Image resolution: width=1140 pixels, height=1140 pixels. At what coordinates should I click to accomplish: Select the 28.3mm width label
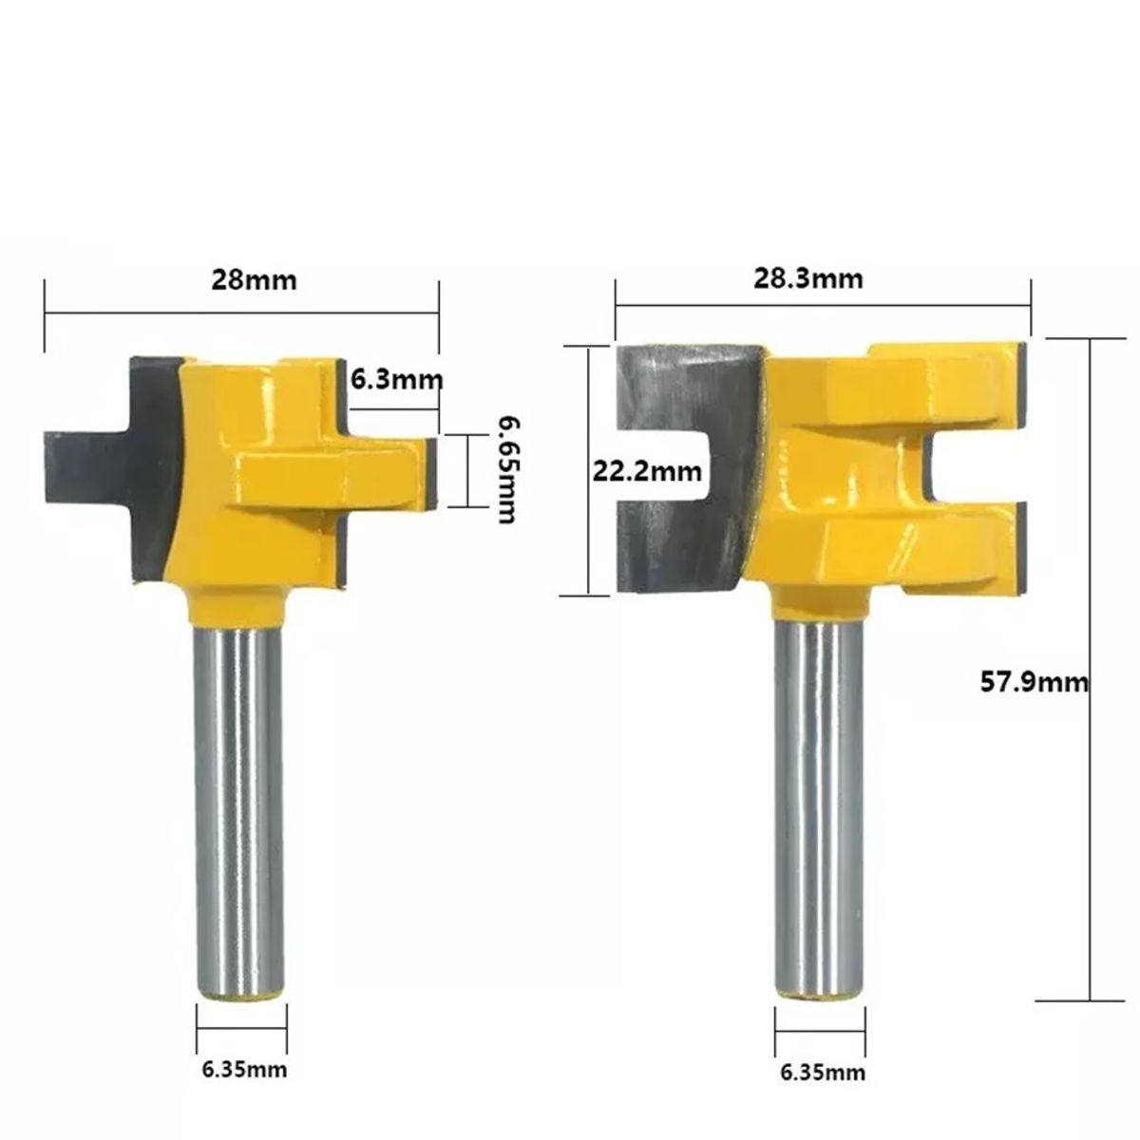pyautogui.click(x=808, y=278)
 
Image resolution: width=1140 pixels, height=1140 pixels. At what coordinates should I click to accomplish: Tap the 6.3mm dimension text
pyautogui.click(x=397, y=380)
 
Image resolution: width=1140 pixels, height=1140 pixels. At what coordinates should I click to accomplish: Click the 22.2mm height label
pyautogui.click(x=647, y=470)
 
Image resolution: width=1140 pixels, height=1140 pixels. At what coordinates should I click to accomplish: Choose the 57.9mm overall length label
pyautogui.click(x=1034, y=680)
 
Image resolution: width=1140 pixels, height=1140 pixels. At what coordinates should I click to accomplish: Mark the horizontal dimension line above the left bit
pyautogui.click(x=241, y=313)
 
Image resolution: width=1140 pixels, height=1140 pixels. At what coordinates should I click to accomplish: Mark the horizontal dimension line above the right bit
pyautogui.click(x=823, y=305)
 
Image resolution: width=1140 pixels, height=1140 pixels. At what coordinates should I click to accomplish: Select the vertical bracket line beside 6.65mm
pyautogui.click(x=467, y=471)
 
